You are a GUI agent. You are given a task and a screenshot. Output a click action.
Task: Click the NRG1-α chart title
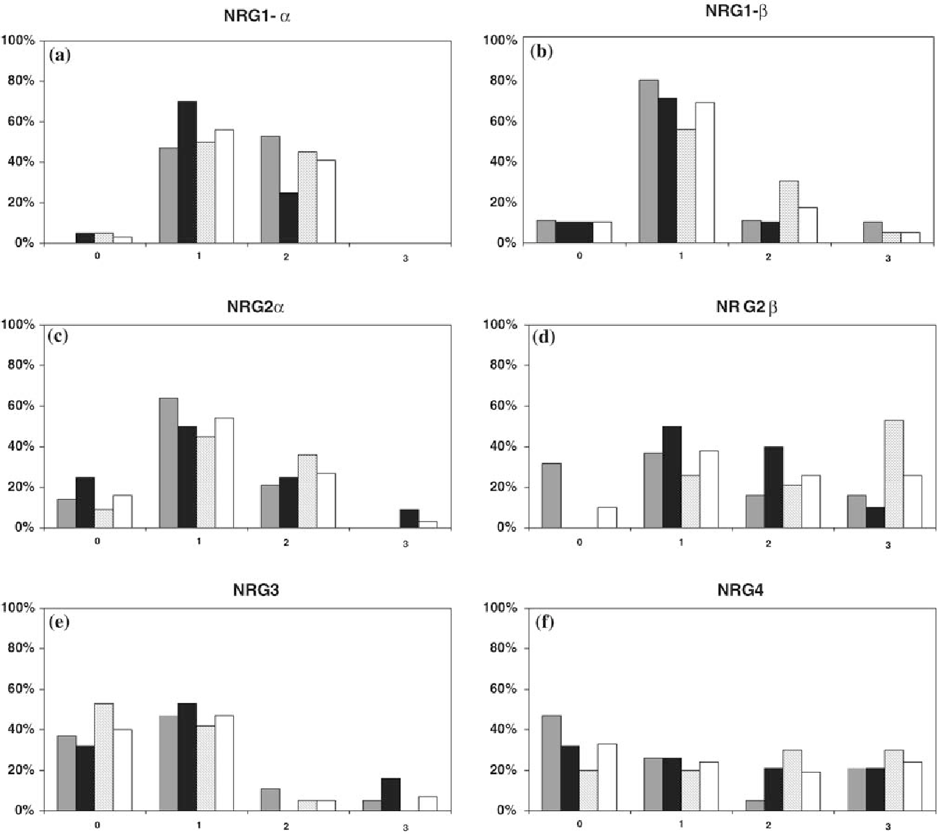pyautogui.click(x=253, y=16)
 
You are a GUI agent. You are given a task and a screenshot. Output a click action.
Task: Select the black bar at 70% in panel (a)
pyautogui.click(x=187, y=172)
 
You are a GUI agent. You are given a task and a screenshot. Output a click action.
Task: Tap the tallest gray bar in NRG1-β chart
pyautogui.click(x=648, y=162)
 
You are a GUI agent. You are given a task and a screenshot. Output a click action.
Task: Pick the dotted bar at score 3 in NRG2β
pyautogui.click(x=893, y=474)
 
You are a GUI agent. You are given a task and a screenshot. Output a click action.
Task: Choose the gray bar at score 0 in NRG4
pyautogui.click(x=551, y=763)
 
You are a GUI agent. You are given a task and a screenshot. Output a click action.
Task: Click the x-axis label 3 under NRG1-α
pyautogui.click(x=406, y=258)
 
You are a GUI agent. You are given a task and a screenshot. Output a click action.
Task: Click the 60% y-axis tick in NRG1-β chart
pyautogui.click(x=501, y=121)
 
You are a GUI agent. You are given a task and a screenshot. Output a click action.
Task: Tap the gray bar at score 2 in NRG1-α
pyautogui.click(x=270, y=189)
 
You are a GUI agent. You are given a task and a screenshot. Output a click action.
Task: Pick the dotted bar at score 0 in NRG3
pyautogui.click(x=104, y=757)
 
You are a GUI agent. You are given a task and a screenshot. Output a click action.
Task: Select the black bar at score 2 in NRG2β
pyautogui.click(x=770, y=487)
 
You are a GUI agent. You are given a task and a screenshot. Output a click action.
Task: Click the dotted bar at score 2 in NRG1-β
pyautogui.click(x=789, y=212)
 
